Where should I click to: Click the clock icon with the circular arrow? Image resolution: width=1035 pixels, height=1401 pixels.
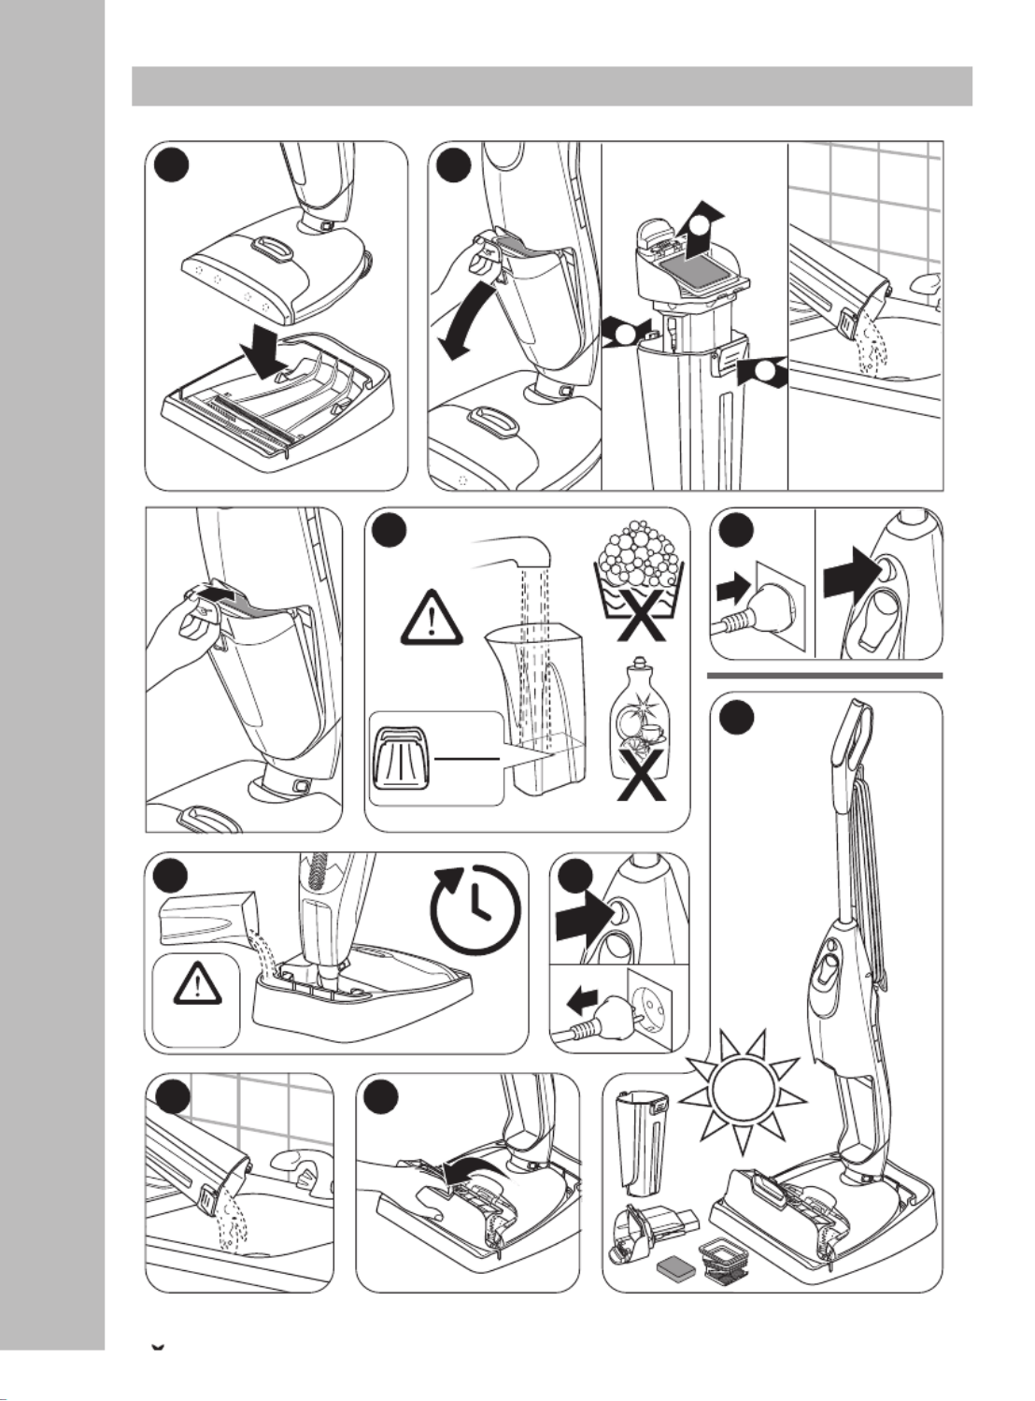477,908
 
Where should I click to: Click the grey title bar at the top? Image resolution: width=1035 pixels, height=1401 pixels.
552,86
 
